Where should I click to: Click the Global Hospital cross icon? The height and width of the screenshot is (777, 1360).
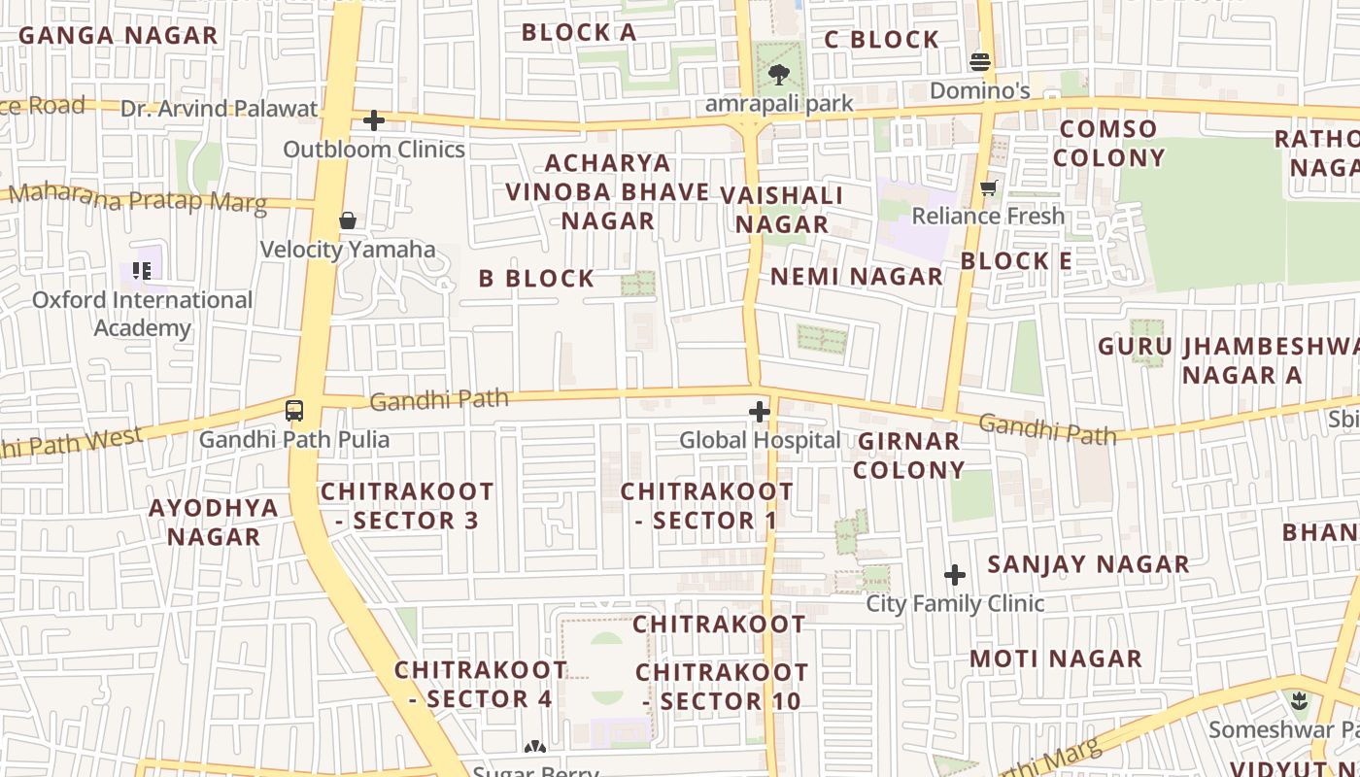coord(760,412)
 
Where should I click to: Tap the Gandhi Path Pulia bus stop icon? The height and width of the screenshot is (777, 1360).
coord(294,410)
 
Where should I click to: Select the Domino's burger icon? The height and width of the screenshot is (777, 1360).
coord(980,62)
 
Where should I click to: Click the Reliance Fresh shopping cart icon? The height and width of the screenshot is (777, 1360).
coord(989,187)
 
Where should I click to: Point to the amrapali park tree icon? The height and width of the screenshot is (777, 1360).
coord(778,74)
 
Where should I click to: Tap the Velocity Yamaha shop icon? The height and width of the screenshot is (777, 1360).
coord(348,221)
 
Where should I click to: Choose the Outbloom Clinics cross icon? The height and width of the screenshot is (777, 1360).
coord(374,120)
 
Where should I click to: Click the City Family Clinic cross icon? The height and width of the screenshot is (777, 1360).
coord(955,575)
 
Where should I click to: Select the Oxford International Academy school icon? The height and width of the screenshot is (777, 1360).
coord(142,271)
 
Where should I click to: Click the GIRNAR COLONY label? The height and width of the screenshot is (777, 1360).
coord(909,456)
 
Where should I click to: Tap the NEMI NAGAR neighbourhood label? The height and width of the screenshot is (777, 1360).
coord(857,277)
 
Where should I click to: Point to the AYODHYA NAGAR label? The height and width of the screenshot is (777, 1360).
coord(214,522)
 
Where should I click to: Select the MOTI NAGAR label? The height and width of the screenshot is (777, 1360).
coord(1056,659)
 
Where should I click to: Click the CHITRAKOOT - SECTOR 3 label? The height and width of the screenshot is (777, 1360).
coord(407,506)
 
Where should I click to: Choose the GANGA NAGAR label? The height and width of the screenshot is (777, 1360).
coord(118,36)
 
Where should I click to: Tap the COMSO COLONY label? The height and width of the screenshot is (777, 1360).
coord(1108,144)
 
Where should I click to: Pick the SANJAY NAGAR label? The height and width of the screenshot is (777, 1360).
coord(1088,564)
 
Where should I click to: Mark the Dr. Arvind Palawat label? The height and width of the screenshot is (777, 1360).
coord(220,108)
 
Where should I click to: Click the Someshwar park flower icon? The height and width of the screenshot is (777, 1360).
coord(1300,701)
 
